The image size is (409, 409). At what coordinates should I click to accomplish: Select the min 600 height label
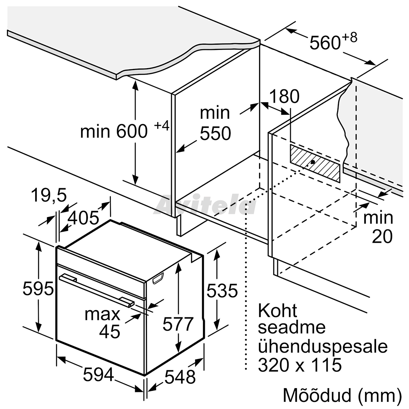[114, 131]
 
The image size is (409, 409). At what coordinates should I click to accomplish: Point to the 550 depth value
[215, 133]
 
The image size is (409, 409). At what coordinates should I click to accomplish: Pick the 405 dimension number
[83, 218]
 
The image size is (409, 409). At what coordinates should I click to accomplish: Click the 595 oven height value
[38, 289]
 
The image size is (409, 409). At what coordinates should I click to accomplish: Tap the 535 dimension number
[222, 290]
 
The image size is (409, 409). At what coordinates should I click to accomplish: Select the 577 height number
[178, 324]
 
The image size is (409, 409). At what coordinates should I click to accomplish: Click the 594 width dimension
[98, 375]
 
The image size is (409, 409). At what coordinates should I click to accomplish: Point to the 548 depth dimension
[180, 377]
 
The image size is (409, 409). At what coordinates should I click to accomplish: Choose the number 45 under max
[109, 331]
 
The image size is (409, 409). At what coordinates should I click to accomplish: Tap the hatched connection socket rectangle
[315, 163]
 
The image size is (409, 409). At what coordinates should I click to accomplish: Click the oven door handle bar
[97, 290]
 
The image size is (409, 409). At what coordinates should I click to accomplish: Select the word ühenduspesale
[323, 347]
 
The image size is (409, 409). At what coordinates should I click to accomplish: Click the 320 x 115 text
[300, 365]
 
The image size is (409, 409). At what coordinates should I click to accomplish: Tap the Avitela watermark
[205, 205]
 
